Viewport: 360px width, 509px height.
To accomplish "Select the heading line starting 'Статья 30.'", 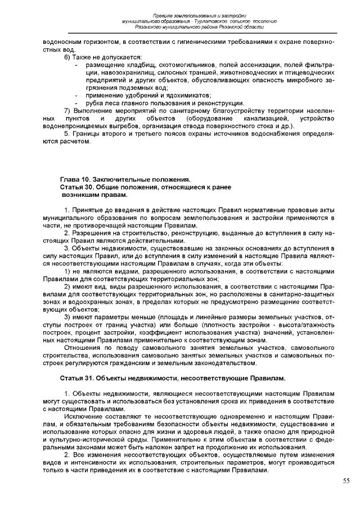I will [x=145, y=186].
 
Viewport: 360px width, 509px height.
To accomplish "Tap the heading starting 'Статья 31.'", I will [x=169, y=376].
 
